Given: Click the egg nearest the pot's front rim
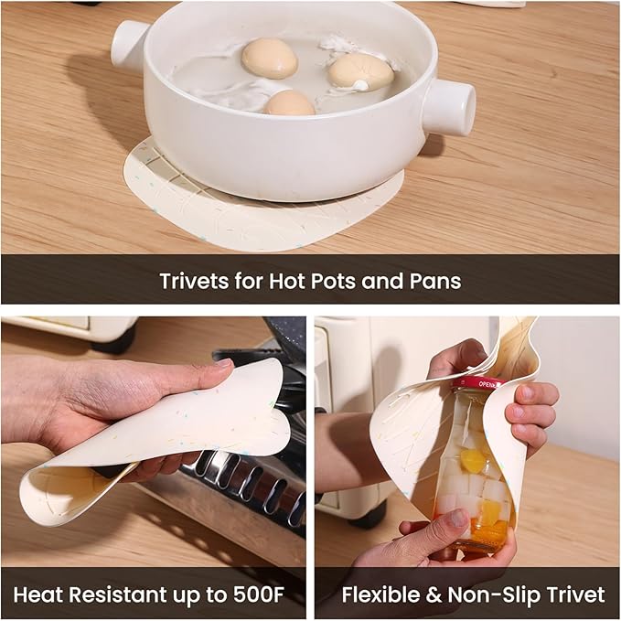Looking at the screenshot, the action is [290, 103].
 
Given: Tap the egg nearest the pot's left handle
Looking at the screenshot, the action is [270, 59].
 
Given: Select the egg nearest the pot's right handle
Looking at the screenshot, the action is [360, 73].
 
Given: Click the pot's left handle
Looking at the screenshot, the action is [128, 44].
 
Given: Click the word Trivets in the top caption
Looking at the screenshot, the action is [195, 281].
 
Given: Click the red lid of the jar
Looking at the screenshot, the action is [482, 384].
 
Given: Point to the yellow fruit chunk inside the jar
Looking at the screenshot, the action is [472, 458].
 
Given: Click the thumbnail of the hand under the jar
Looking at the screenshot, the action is [459, 519].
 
